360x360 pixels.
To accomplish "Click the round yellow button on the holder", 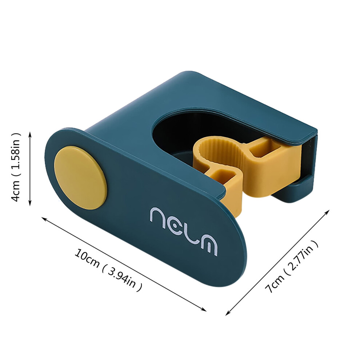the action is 80,178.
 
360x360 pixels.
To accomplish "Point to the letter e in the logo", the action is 175,226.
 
